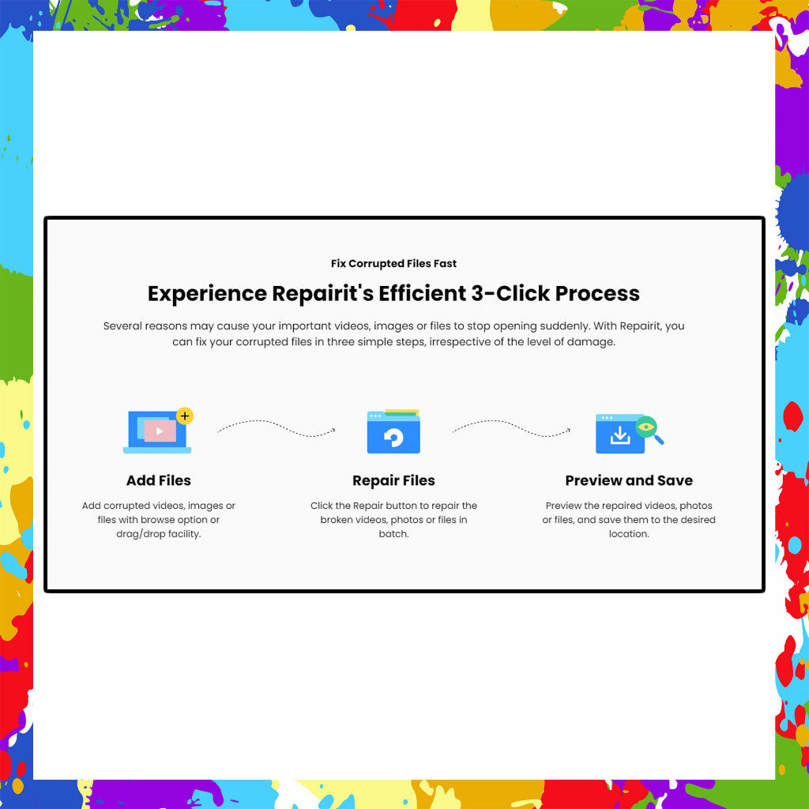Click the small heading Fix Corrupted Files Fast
tap(393, 264)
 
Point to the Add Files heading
tap(158, 480)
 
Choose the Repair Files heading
tap(393, 480)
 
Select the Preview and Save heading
tap(629, 480)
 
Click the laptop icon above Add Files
tap(157, 432)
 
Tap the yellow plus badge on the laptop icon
tap(185, 416)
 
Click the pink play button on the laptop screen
tap(160, 431)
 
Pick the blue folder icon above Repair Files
tap(393, 432)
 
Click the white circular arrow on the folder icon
tap(393, 437)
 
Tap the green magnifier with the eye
tap(648, 427)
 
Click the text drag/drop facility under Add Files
tap(158, 534)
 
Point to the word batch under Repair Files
tap(393, 534)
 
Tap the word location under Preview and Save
tap(629, 534)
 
